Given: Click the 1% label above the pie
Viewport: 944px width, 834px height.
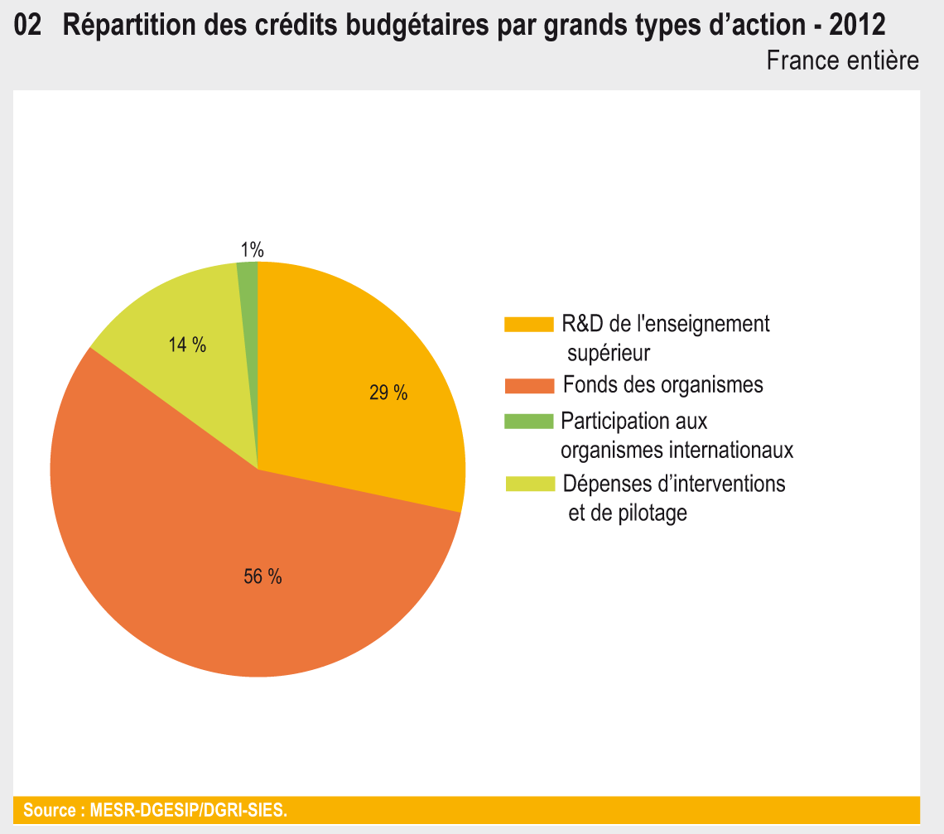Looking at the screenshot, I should point(252,249).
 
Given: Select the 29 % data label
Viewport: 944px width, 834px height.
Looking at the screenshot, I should point(388,393).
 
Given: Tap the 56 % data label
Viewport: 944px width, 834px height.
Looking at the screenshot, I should point(262,577).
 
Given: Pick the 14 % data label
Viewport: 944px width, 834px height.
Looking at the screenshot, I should point(187,345).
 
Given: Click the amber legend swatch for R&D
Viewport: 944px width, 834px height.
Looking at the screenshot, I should point(527,324).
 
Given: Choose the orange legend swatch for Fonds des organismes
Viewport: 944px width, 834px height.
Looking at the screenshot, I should point(527,386).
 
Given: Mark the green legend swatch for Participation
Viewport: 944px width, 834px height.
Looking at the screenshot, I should point(527,422).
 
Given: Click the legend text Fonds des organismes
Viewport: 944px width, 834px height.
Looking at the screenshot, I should point(662,385).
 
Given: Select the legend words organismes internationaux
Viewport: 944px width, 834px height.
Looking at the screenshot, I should point(677,451).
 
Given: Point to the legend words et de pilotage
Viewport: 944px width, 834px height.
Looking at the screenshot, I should point(627,513).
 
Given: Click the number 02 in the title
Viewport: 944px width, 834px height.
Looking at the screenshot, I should point(28,26).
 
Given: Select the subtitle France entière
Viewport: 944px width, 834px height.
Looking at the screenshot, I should point(842,60).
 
